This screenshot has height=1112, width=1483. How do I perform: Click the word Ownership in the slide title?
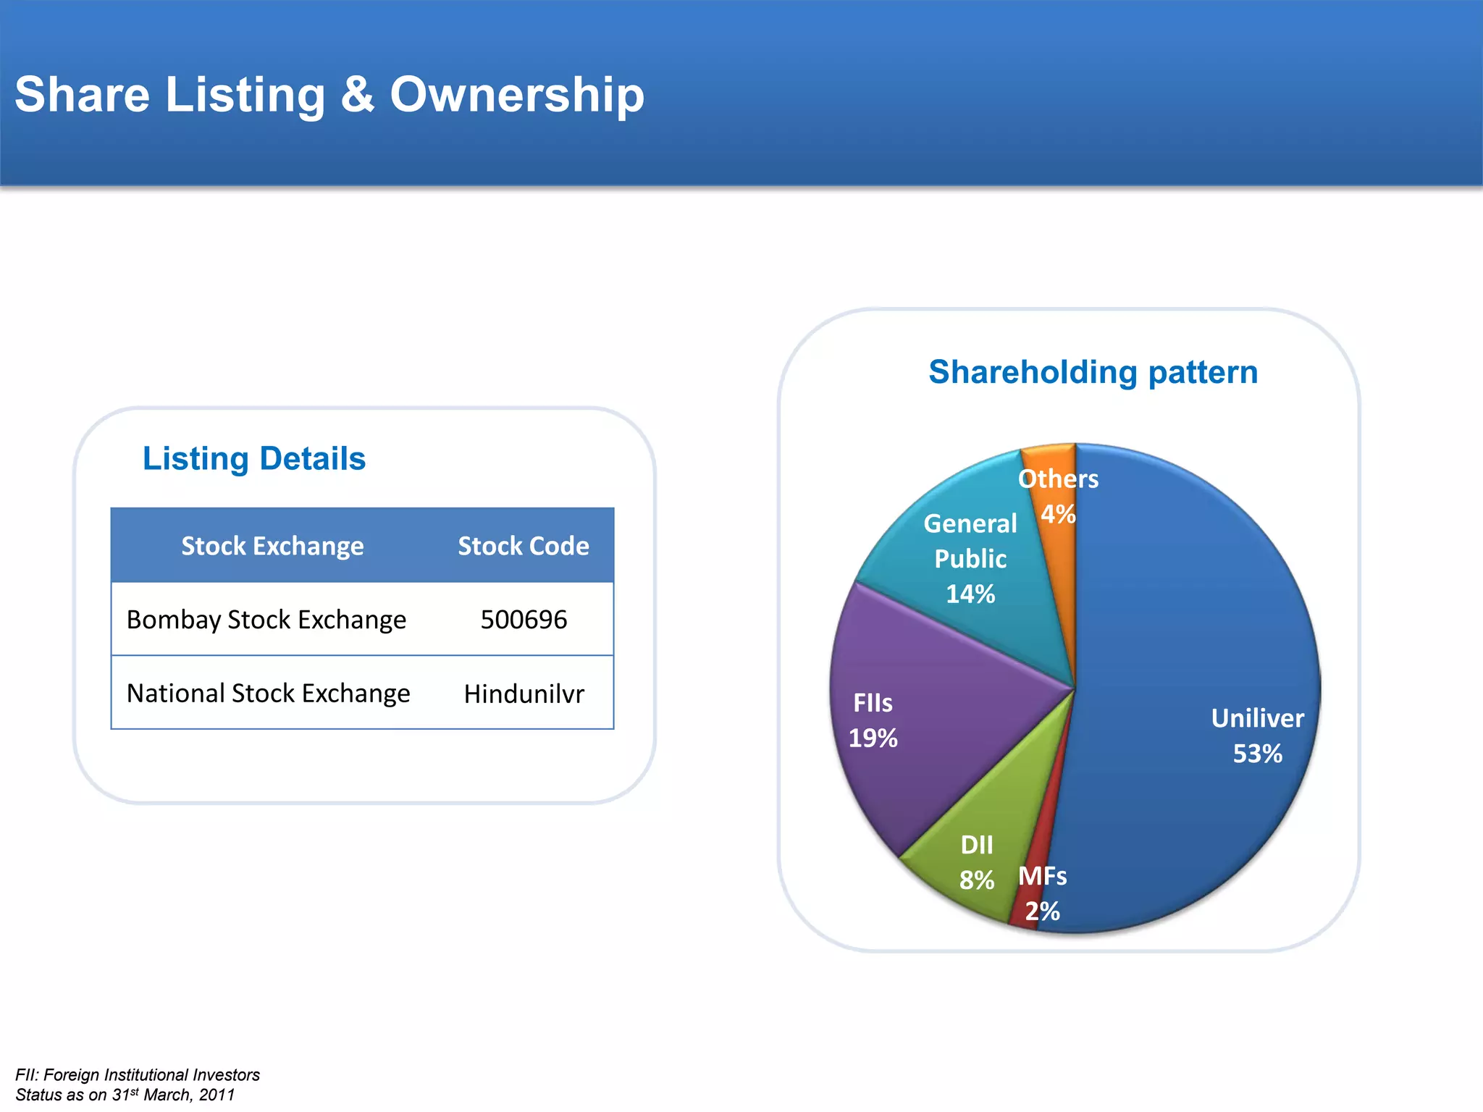pyautogui.click(x=517, y=95)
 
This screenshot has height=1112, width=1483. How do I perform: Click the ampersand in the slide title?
pyautogui.click(x=357, y=95)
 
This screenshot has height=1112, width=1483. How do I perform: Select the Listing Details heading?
pyautogui.click(x=253, y=458)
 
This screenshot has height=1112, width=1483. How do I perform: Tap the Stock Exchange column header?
pyautogui.click(x=272, y=546)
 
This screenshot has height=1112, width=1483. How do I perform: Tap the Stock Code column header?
pyautogui.click(x=523, y=546)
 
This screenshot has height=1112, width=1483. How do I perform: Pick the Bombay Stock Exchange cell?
pyautogui.click(x=266, y=620)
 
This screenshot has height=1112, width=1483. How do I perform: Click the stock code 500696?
pyautogui.click(x=524, y=620)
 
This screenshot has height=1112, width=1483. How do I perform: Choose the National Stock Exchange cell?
pyautogui.click(x=268, y=694)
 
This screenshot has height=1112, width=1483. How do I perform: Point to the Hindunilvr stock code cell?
pyautogui.click(x=524, y=694)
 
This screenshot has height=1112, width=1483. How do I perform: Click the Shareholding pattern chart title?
pyautogui.click(x=1093, y=372)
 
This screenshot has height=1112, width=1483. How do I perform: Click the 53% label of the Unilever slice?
pyautogui.click(x=1257, y=754)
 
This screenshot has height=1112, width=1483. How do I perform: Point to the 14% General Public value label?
pyautogui.click(x=970, y=594)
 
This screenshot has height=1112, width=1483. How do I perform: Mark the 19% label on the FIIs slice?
pyautogui.click(x=873, y=738)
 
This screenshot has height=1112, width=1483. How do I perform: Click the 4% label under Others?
pyautogui.click(x=1058, y=515)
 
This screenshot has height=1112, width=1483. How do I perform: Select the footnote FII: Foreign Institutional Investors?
pyautogui.click(x=138, y=1075)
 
